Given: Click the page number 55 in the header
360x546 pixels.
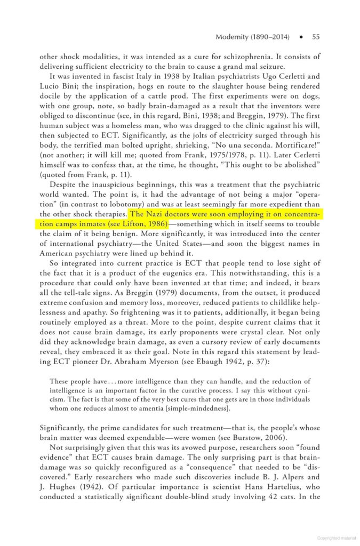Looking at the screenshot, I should tap(316, 37).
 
